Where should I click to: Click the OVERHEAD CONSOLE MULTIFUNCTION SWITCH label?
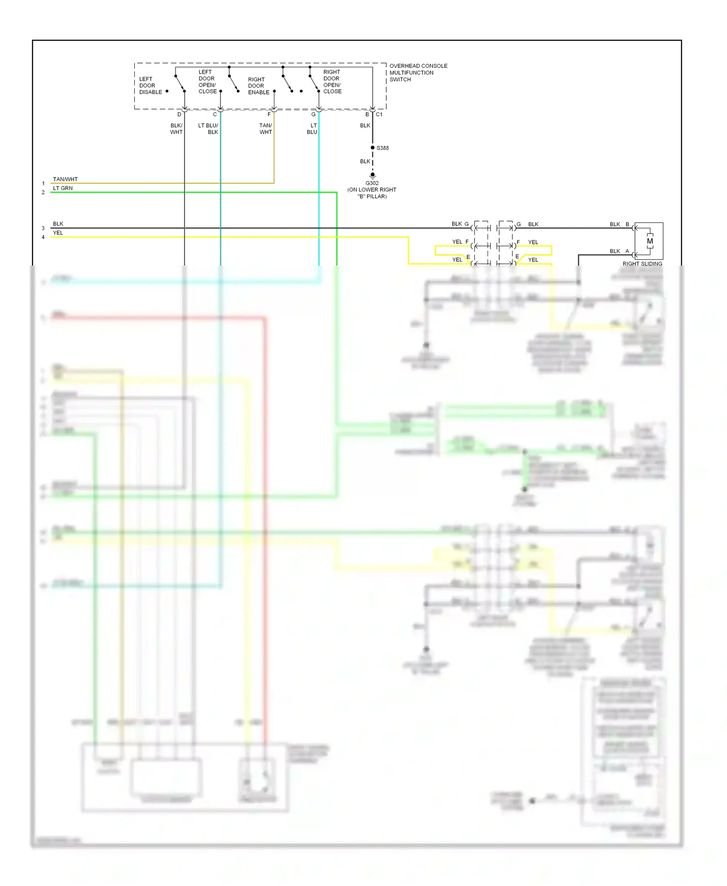418,73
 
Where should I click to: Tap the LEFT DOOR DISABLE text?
150,85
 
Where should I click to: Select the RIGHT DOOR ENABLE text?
258,86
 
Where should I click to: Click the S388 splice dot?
372,148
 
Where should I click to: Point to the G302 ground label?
372,183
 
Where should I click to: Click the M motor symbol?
649,241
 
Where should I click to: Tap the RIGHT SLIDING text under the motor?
642,264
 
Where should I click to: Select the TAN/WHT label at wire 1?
65,179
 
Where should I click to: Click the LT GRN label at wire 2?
63,188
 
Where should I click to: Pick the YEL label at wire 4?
58,233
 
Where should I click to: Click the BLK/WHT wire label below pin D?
176,129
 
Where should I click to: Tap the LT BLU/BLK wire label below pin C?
208,129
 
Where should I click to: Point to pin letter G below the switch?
313,114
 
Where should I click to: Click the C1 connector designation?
379,114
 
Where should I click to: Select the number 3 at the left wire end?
43,228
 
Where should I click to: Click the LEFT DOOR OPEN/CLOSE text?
207,81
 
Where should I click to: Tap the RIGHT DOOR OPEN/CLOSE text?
332,81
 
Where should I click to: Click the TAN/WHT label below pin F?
266,129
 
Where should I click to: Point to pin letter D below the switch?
179,114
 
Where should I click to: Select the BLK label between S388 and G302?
365,161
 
